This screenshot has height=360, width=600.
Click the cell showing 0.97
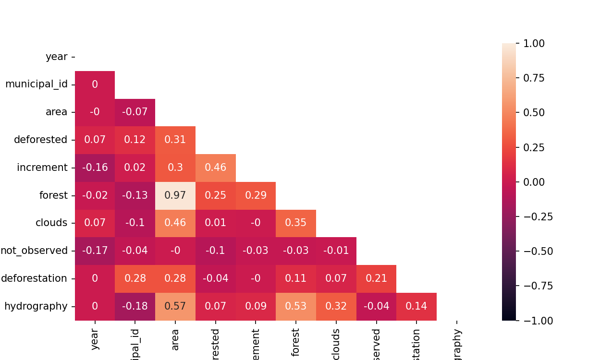(x=175, y=195)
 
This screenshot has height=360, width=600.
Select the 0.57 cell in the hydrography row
(x=175, y=306)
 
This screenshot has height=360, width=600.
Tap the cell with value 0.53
(x=296, y=306)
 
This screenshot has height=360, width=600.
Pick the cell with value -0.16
(x=95, y=168)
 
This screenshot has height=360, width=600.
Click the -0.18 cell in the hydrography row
(x=135, y=306)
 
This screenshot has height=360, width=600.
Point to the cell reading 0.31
(x=175, y=140)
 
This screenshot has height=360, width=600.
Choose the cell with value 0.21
(x=376, y=278)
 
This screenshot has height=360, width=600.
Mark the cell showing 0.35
(x=296, y=223)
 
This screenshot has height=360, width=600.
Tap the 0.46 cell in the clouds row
(x=175, y=223)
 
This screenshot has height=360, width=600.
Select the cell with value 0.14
(x=416, y=306)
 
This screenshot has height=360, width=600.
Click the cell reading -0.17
(x=95, y=251)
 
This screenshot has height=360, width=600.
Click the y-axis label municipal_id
(x=37, y=84)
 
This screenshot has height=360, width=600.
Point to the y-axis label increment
(x=42, y=168)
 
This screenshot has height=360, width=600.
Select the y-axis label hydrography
(x=36, y=306)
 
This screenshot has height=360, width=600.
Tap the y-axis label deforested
(x=40, y=140)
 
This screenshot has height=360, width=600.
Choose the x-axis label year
(x=95, y=339)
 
